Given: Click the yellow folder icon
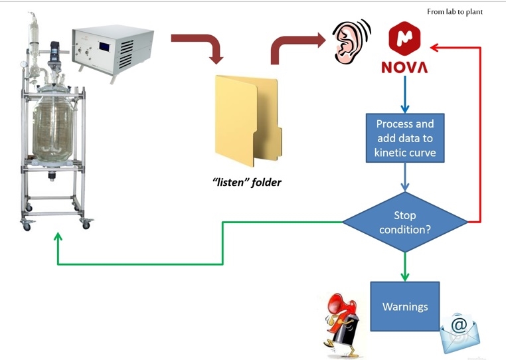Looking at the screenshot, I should point(246,120).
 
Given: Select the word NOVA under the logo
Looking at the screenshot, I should point(404,68).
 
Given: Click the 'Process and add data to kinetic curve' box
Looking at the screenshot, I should point(404,139).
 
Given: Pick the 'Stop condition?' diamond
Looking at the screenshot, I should point(404,222).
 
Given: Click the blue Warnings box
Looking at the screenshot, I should point(404,307).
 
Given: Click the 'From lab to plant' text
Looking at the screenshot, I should point(455,11).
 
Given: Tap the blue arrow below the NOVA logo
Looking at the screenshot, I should point(404,94).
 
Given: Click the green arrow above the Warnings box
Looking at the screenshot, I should point(404,266).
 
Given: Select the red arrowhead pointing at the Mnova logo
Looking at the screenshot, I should point(436,47).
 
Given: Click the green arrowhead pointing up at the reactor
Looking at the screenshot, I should point(58,237).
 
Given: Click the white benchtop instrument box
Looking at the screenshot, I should point(112,48).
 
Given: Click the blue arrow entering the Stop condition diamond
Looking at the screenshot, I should point(404,178).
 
